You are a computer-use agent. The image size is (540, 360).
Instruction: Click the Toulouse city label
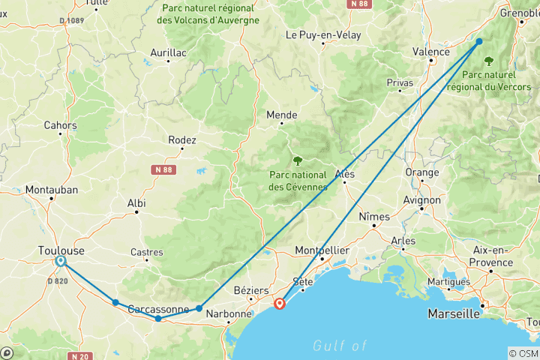(61, 250)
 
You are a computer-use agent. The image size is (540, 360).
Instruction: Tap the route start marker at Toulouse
(60, 261)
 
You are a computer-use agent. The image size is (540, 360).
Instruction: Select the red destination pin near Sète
(280, 304)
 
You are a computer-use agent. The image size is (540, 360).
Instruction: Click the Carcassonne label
(157, 309)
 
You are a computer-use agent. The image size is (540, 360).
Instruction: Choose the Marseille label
(453, 313)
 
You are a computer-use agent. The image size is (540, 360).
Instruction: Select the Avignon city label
(421, 200)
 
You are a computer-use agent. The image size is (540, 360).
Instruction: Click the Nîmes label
(375, 217)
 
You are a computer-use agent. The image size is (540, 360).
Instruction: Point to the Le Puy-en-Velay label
(323, 35)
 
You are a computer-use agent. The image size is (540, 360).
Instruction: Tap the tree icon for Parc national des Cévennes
(298, 160)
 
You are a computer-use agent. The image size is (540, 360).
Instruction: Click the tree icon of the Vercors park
(489, 60)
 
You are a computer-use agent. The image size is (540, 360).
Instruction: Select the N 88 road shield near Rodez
(163, 169)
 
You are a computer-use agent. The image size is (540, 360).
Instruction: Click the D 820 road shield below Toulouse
(58, 280)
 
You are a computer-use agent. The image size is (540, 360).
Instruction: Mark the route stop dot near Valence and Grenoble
(479, 42)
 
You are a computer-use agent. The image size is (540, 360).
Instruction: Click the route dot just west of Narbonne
(199, 308)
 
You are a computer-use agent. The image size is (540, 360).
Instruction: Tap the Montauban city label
(52, 190)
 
